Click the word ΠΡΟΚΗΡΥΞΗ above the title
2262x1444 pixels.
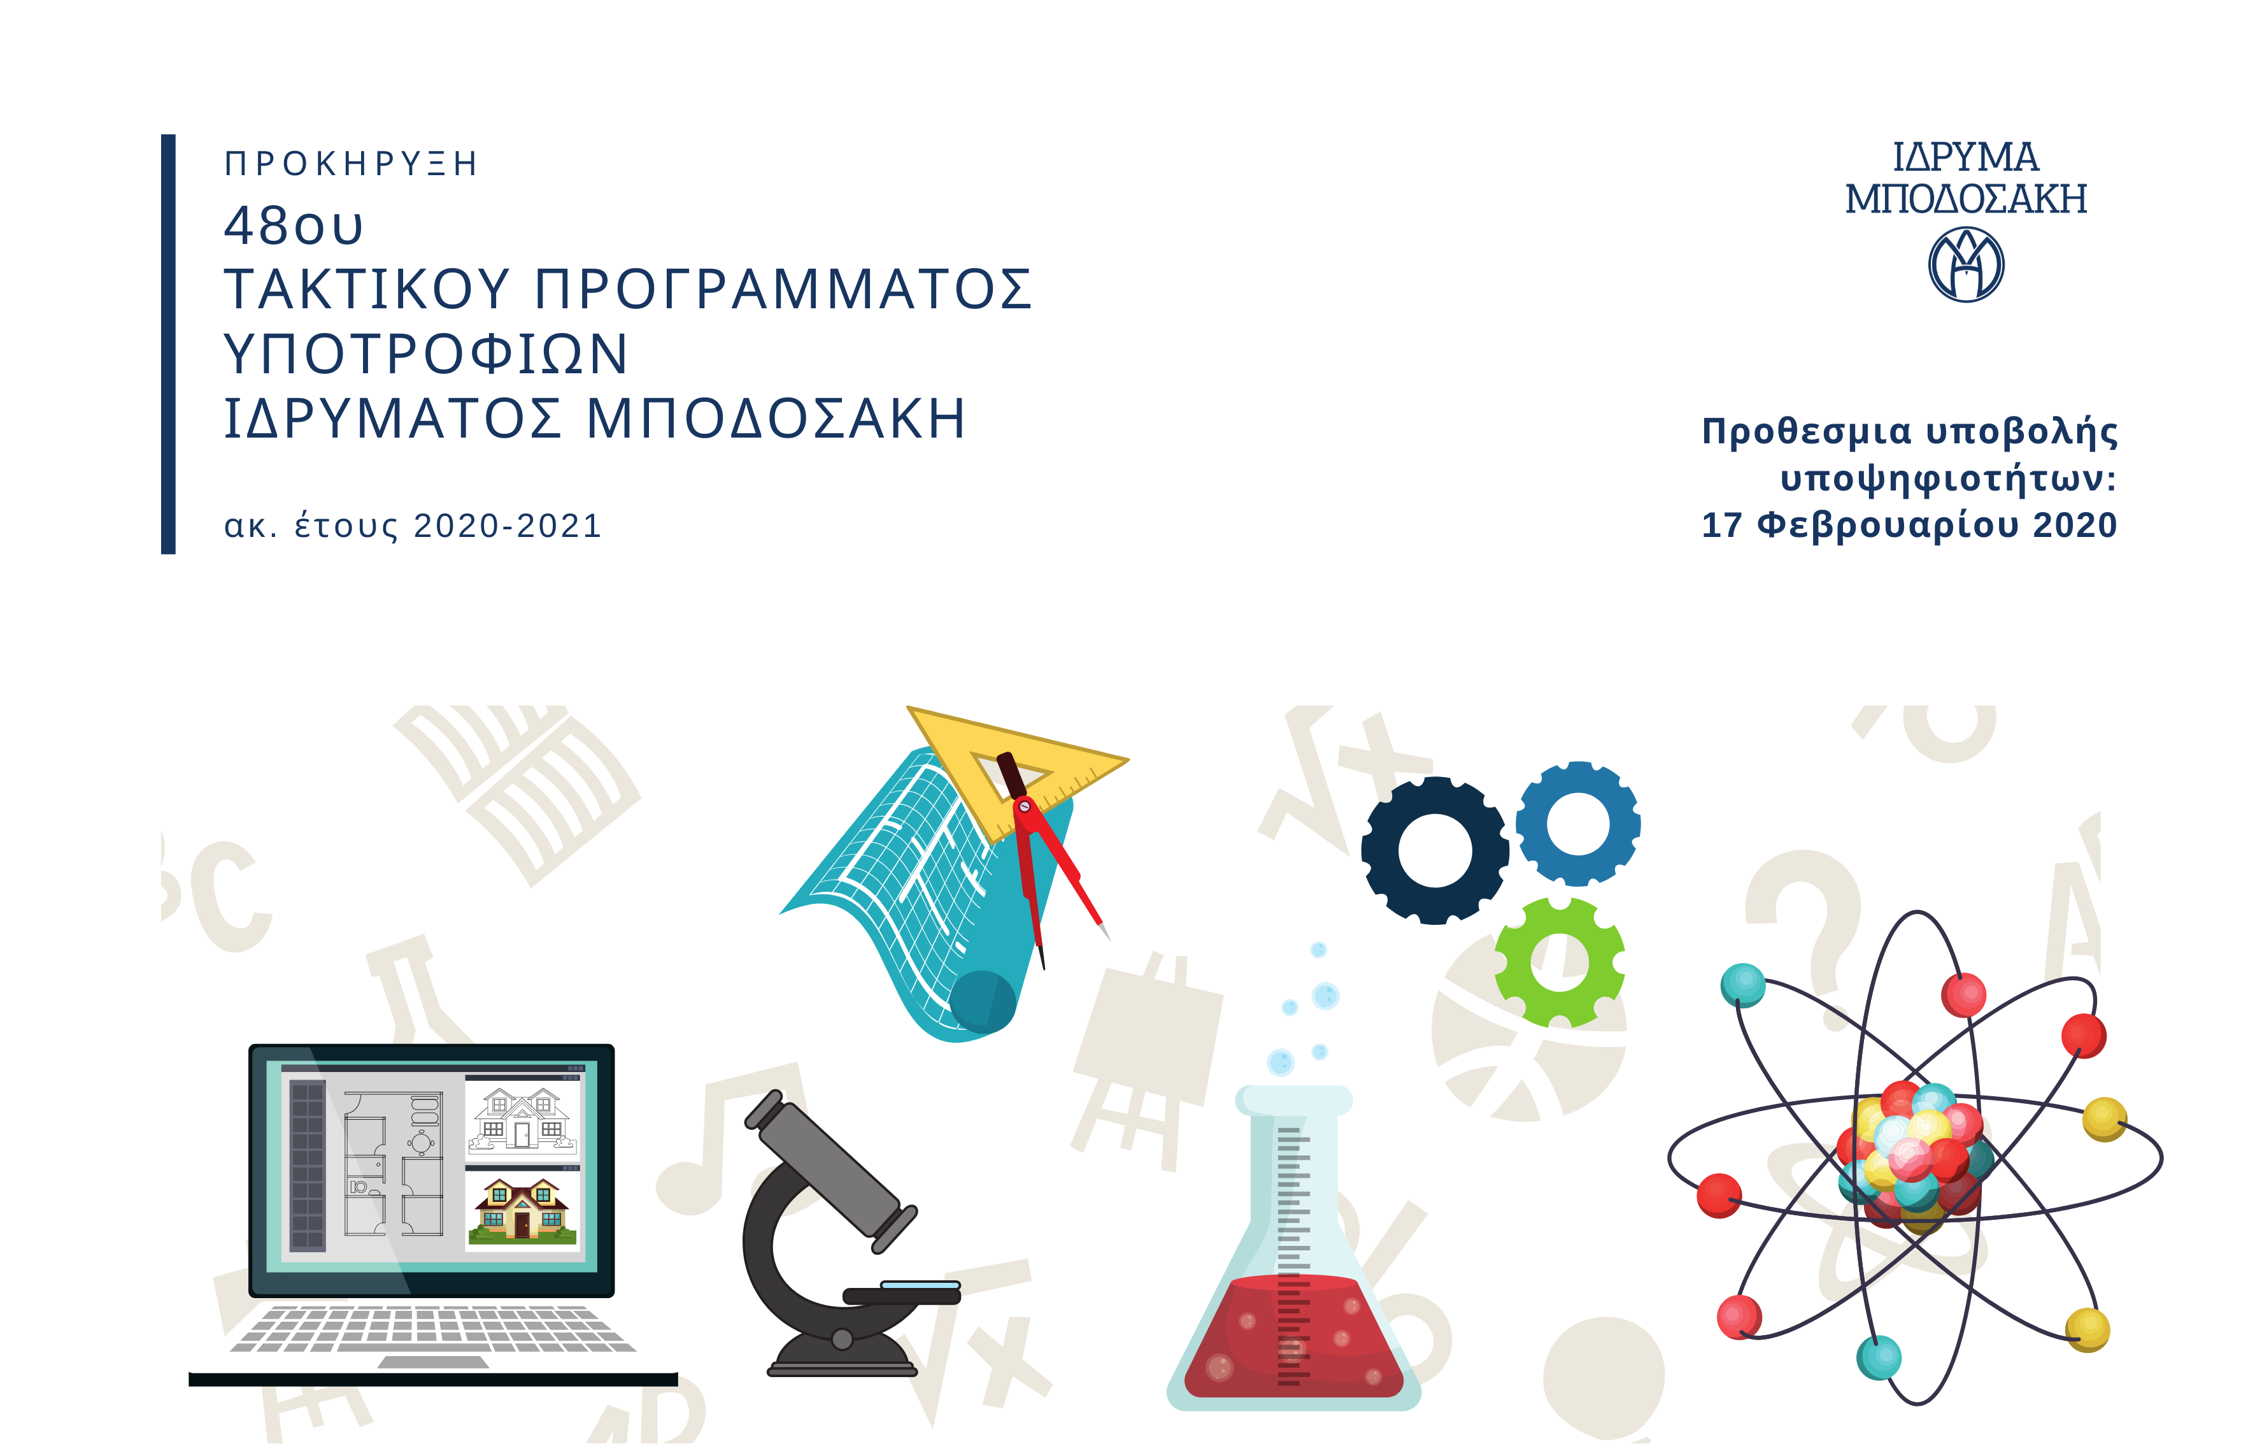(x=350, y=164)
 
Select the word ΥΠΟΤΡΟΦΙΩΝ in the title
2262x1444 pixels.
(x=425, y=354)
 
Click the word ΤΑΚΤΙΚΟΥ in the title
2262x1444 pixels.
(x=366, y=289)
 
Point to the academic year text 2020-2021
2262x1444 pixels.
(x=508, y=526)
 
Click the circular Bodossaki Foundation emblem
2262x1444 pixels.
(x=1965, y=266)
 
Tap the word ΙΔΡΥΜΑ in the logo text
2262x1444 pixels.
(x=1965, y=158)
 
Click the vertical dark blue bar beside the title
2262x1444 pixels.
(x=168, y=344)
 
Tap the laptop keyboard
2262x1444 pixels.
(x=433, y=1329)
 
